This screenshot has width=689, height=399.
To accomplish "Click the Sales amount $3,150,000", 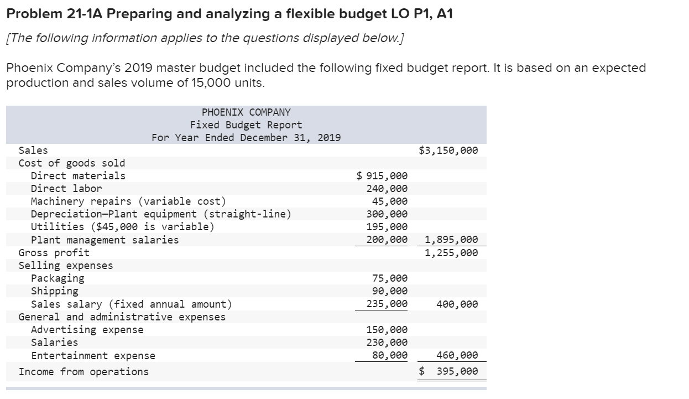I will pos(448,151).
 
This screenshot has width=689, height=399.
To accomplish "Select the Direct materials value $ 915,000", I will pos(383,176).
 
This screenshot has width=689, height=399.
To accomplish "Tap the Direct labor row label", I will pos(66,189).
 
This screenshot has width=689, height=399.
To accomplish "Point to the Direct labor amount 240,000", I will pos(387,189).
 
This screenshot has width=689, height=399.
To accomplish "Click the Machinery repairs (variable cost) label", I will pos(128,201).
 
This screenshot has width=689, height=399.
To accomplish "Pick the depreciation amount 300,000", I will pos(387,214).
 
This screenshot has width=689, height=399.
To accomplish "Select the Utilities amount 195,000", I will pos(387,227).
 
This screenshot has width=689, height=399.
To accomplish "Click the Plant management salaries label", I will pos(105,240).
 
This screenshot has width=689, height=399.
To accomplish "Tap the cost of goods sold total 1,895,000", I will pos(451,240).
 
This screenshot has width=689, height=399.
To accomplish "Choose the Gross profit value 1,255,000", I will pos(451,253).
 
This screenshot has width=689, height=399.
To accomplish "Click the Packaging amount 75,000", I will pos(390,278).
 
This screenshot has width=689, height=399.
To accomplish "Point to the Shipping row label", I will pos(55,291).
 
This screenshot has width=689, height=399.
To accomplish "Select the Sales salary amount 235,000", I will pos(387,304).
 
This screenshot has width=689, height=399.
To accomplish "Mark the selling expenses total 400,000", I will pos(457,304).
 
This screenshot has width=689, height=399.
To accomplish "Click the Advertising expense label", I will pos(87,330).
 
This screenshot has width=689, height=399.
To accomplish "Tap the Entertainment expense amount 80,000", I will pos(390,355).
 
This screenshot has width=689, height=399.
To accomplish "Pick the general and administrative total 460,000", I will pos(457,355).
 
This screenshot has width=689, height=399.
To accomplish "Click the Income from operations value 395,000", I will pos(457,372).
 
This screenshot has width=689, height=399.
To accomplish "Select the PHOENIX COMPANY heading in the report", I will pos(246,112).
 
